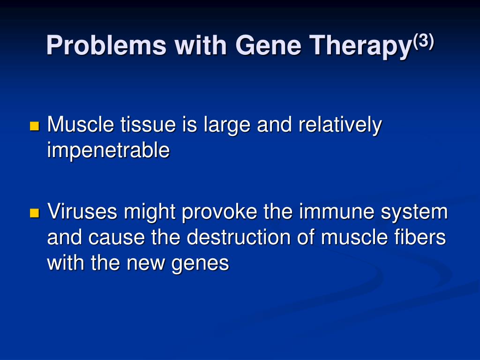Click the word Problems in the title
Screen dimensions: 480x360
pyautogui.click(x=106, y=45)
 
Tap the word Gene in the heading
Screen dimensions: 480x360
pyautogui.click(x=268, y=45)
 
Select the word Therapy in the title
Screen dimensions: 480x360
pyautogui.click(x=360, y=46)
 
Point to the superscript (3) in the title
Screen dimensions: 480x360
pyautogui.click(x=423, y=41)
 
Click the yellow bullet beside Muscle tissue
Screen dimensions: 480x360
pyautogui.click(x=35, y=126)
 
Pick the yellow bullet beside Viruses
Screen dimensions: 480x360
pyautogui.click(x=35, y=213)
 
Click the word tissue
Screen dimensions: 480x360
pyautogui.click(x=148, y=124)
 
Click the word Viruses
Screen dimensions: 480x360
pyautogui.click(x=82, y=211)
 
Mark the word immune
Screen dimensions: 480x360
pyautogui.click(x=337, y=211)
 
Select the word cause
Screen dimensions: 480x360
pyautogui.click(x=117, y=238)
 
